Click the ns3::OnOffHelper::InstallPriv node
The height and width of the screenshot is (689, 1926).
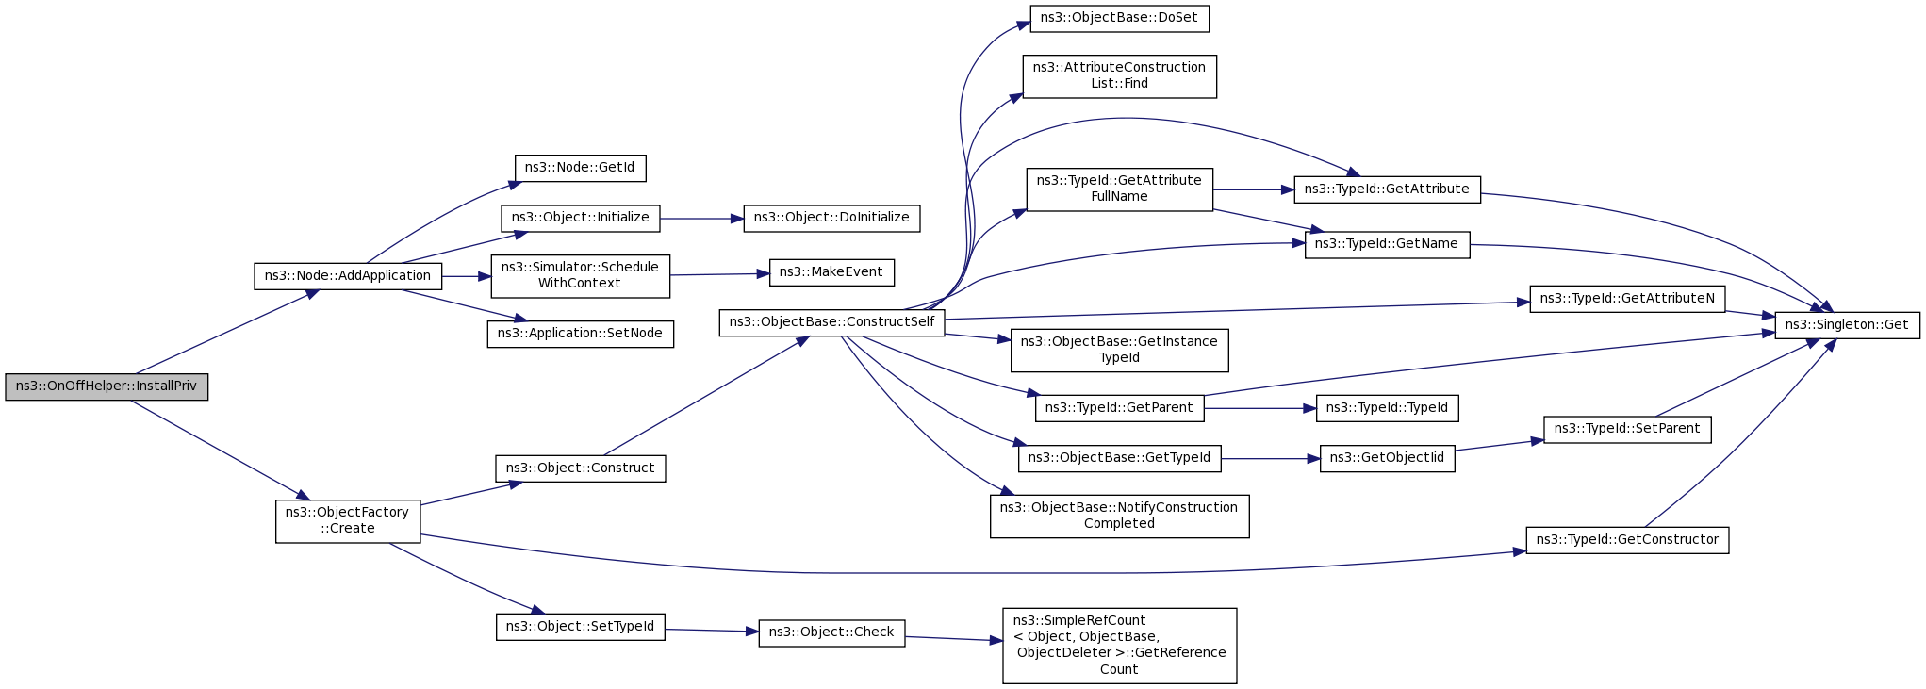(107, 386)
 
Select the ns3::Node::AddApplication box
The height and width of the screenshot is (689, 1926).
(348, 276)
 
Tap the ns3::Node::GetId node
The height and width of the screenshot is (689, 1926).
(580, 168)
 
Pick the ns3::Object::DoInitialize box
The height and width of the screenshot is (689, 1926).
(831, 218)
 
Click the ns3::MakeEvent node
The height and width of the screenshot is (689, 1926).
(831, 272)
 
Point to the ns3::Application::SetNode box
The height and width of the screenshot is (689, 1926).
(580, 334)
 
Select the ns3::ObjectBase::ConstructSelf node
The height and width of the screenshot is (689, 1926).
(831, 322)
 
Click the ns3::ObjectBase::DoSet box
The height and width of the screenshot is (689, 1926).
(1119, 18)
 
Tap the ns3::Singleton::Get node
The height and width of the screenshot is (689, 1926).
(1847, 325)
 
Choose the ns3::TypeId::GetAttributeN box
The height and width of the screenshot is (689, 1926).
(1627, 299)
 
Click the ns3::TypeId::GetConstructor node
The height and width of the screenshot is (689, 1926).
(1627, 540)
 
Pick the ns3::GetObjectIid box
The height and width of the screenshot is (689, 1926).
(1387, 458)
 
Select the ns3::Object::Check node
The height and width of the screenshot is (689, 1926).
(831, 632)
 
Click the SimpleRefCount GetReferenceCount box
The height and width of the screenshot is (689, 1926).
(1119, 646)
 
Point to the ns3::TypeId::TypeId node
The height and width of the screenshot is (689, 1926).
(1387, 408)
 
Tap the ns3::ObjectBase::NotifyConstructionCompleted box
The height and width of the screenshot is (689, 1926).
(1119, 516)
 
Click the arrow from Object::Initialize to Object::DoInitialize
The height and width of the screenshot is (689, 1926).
(701, 219)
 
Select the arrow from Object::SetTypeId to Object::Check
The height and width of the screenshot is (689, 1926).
(712, 631)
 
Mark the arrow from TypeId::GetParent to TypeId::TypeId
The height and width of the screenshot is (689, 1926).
(1260, 408)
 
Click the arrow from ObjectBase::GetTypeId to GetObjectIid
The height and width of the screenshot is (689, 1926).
(1271, 459)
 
